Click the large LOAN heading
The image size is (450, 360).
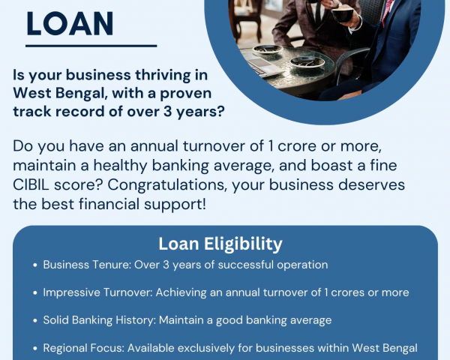tap(70, 24)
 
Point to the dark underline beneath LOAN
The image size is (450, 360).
tap(91, 46)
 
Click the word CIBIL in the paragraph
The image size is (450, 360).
tap(31, 184)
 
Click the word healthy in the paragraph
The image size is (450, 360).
tap(120, 166)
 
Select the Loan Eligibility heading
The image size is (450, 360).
tap(220, 244)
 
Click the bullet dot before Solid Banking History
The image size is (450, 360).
tap(35, 321)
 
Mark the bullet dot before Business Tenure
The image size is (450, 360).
tap(35, 265)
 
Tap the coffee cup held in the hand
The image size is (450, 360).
tap(343, 14)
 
